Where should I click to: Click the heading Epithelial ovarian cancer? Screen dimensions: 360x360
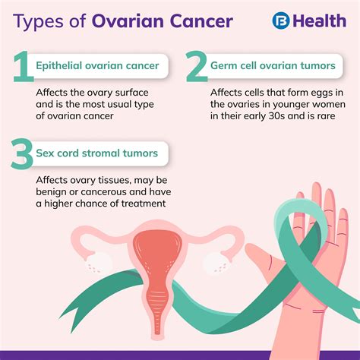point(97,65)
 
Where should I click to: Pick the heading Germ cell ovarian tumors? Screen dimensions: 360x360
point(273,65)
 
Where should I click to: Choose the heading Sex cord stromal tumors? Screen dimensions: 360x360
point(97,153)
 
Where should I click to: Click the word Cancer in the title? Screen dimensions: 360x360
point(196,21)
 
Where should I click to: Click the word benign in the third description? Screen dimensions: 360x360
point(55,191)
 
